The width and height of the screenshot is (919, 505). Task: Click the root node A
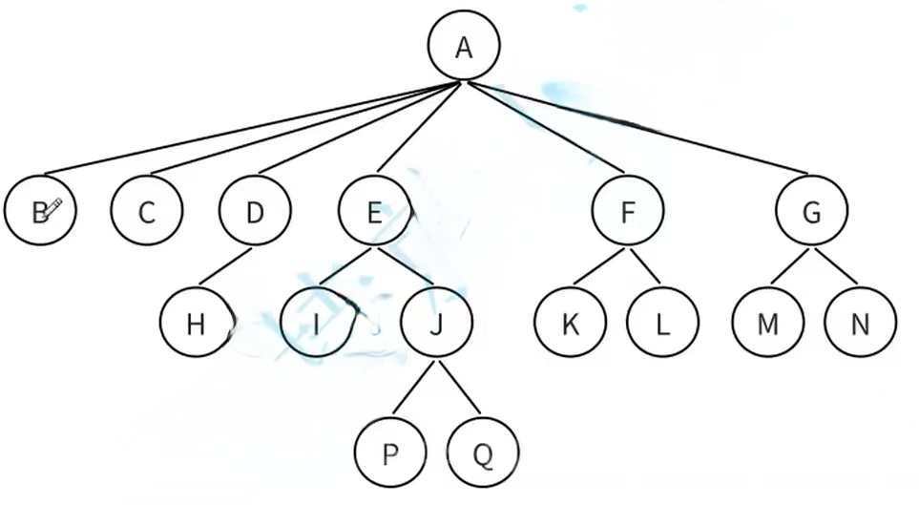[464, 47]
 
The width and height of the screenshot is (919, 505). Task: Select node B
[38, 211]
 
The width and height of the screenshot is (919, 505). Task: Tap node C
[146, 211]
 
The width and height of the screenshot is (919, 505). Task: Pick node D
[255, 211]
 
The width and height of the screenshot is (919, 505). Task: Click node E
[374, 211]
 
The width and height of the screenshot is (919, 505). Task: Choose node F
[627, 211]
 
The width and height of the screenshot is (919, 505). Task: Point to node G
[811, 211]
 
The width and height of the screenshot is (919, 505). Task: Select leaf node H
[197, 323]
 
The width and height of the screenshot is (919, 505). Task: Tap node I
[316, 323]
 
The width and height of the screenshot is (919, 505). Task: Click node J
[436, 323]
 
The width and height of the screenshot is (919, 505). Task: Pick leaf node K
[571, 323]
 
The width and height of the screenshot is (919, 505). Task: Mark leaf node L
[662, 323]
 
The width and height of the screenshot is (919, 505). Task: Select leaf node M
[768, 323]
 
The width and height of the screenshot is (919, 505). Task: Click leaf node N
[861, 323]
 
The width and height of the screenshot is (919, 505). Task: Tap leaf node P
[389, 452]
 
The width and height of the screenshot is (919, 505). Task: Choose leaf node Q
[483, 452]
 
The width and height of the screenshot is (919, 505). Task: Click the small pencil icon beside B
[53, 207]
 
